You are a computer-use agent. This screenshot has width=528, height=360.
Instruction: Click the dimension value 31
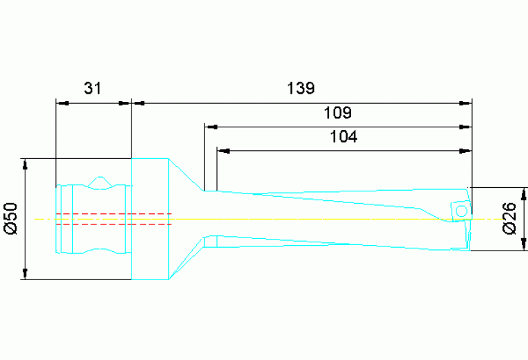click(92, 88)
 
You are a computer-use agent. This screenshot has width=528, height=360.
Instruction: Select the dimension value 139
click(300, 88)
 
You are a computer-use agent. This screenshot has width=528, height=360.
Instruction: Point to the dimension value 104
click(344, 136)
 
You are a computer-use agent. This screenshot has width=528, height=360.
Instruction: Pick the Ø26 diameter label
click(509, 218)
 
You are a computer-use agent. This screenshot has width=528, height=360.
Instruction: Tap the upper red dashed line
click(113, 214)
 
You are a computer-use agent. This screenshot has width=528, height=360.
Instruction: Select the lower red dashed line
click(113, 224)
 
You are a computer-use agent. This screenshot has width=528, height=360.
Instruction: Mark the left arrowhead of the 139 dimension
click(138, 103)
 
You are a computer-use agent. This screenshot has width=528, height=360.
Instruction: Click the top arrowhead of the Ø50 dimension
click(25, 164)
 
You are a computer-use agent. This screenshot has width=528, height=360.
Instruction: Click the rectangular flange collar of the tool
click(149, 219)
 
